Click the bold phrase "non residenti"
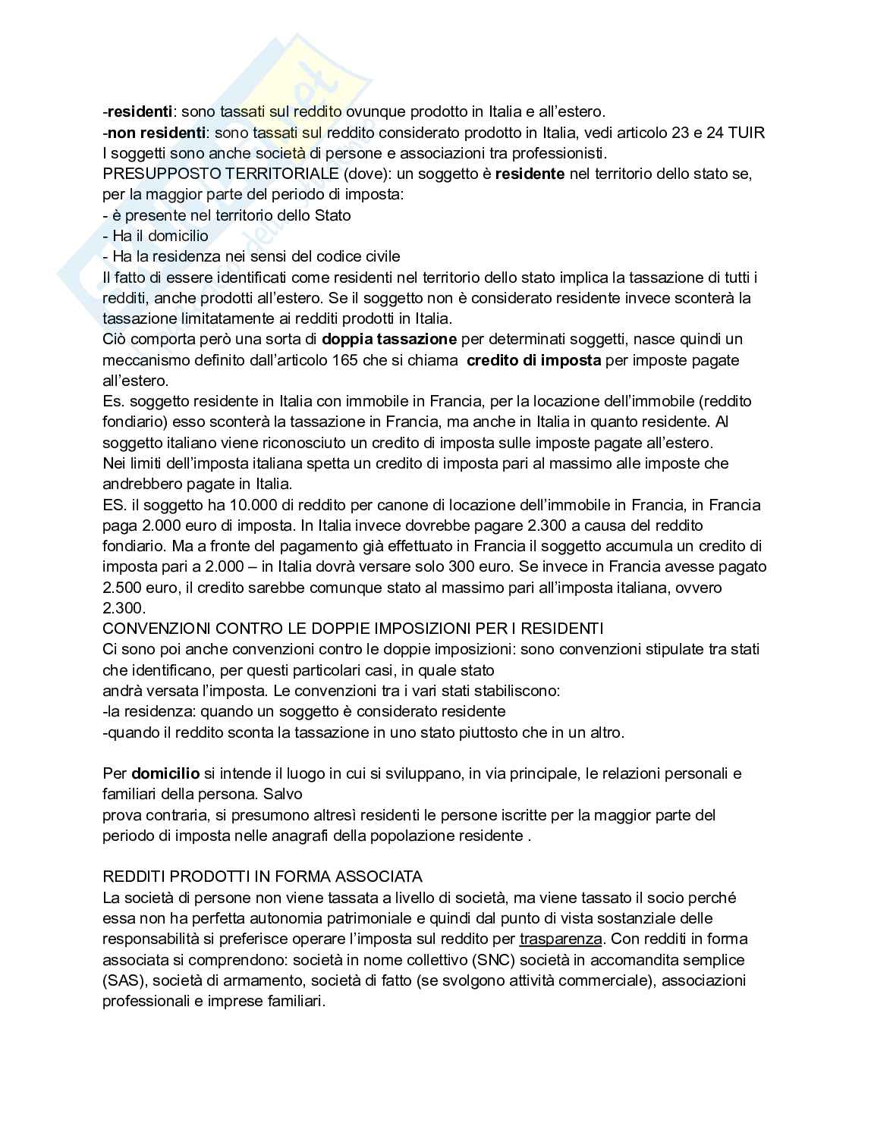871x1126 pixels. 157,133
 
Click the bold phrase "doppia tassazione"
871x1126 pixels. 389,339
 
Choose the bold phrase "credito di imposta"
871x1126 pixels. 533,360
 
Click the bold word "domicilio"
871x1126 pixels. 165,774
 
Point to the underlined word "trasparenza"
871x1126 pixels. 561,939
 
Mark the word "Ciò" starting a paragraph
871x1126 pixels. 114,339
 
